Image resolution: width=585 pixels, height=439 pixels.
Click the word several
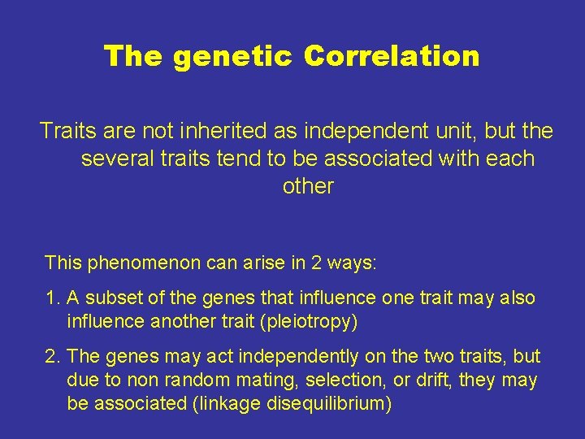(111, 159)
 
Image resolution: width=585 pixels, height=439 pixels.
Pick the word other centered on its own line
(308, 186)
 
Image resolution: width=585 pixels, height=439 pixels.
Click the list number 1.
(52, 298)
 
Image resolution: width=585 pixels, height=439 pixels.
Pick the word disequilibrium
(328, 403)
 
